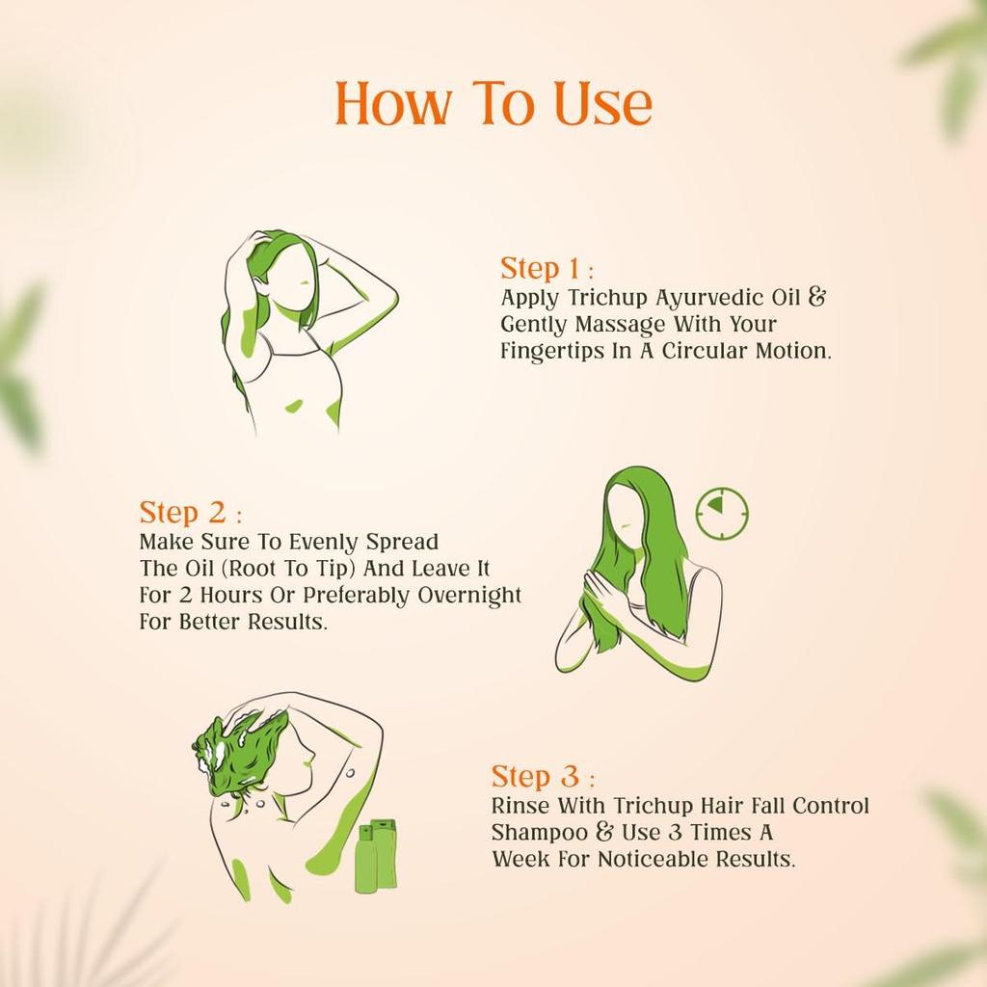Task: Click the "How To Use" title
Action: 493,103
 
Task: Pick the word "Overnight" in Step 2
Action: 468,595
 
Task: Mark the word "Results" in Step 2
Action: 288,622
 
